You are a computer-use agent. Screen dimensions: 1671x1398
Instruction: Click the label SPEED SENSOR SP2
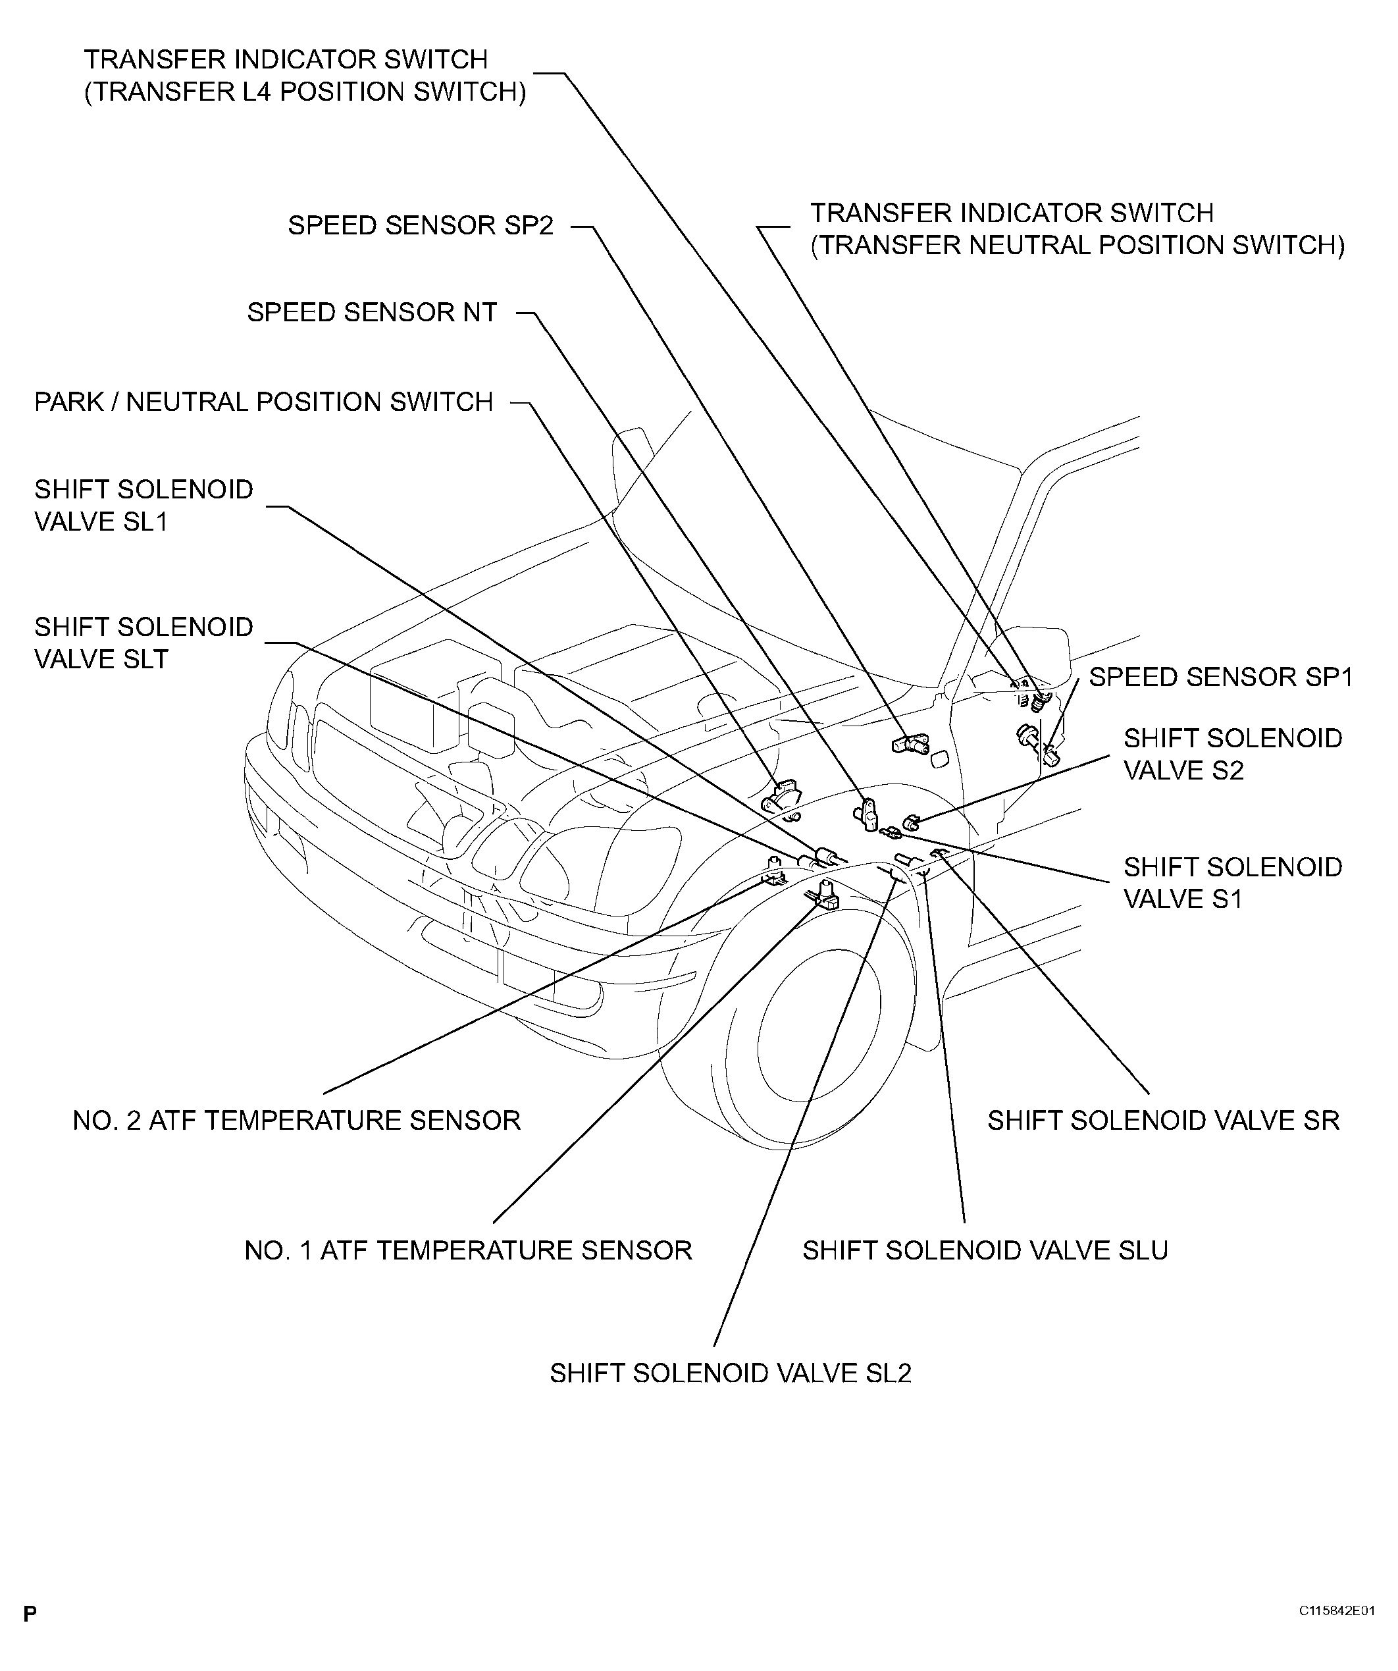(420, 226)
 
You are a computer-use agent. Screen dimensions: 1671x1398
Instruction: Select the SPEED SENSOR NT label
(372, 313)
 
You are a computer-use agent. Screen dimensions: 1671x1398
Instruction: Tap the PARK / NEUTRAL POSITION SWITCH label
(263, 402)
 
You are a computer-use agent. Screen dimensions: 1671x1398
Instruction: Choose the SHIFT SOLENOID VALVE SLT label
(143, 643)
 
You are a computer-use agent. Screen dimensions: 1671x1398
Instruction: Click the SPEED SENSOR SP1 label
(1220, 677)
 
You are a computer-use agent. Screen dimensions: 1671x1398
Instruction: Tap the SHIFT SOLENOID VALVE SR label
(1163, 1121)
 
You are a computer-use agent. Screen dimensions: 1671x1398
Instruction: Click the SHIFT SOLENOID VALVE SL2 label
(731, 1373)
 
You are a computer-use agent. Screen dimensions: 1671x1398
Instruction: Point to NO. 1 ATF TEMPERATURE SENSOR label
(468, 1250)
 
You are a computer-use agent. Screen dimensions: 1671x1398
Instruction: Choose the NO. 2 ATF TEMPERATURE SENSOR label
(296, 1121)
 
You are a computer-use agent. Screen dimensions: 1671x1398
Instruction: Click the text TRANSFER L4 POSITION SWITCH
(305, 92)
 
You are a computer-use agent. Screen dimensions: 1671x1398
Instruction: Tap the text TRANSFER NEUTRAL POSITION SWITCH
(1077, 245)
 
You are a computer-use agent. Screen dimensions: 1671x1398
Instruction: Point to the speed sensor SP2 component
(910, 744)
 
